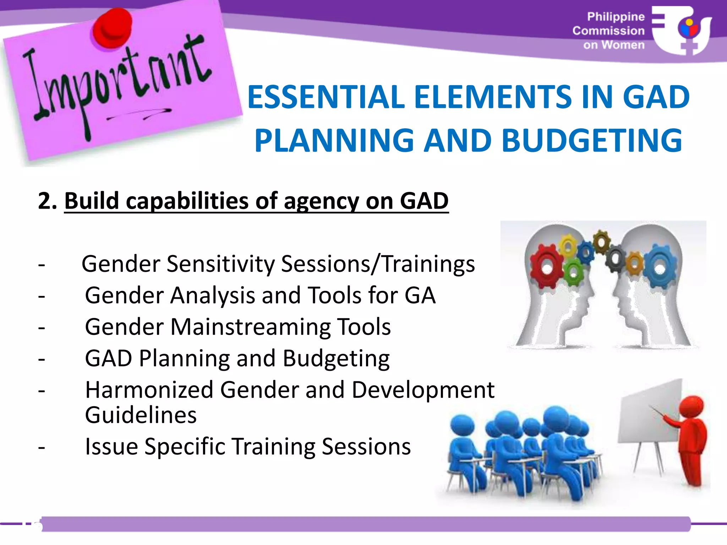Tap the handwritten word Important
click(x=117, y=82)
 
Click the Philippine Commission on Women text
click(x=609, y=31)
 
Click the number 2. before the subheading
click(x=47, y=201)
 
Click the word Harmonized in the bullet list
click(x=149, y=390)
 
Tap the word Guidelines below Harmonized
click(x=141, y=415)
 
